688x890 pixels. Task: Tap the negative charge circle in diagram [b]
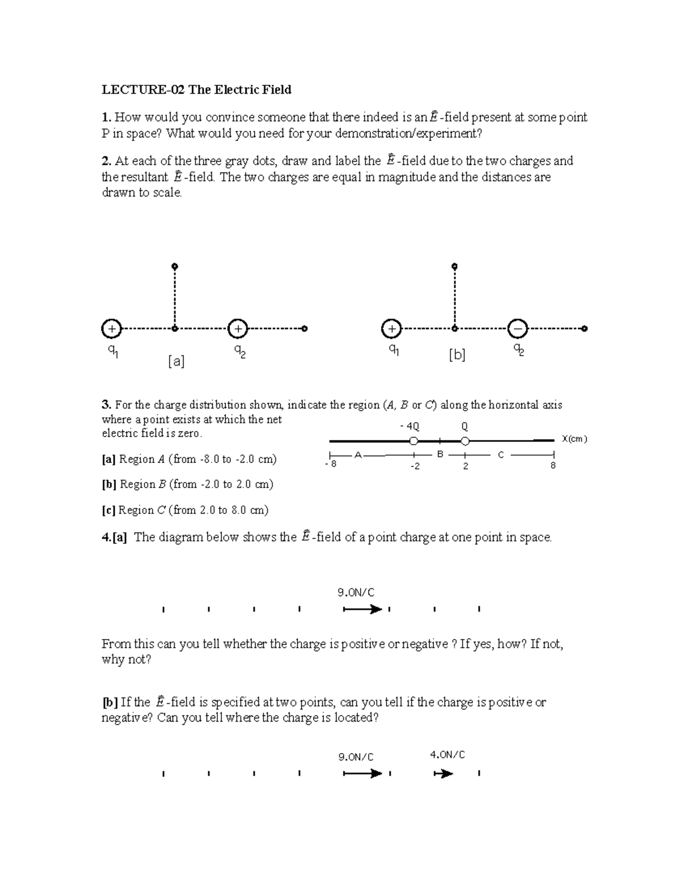[x=518, y=329]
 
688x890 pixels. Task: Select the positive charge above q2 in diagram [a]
[x=237, y=329]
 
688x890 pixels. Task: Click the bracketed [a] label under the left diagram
[x=176, y=361]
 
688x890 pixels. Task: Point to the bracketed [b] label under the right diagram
[x=457, y=355]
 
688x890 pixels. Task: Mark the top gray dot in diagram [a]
[x=175, y=266]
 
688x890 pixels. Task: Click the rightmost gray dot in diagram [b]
[x=584, y=329]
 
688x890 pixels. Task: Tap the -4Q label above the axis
[x=409, y=426]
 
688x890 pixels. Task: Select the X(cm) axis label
[x=574, y=439]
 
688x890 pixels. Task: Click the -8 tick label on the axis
[x=330, y=465]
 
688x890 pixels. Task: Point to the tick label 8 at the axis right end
[x=553, y=466]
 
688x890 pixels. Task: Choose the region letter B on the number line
[x=440, y=454]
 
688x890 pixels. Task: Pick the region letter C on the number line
[x=501, y=454]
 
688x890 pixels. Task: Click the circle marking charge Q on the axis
[x=465, y=441]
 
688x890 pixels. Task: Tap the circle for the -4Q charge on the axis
[x=413, y=441]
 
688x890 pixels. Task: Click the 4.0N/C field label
[x=447, y=755]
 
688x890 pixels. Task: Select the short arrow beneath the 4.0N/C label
[x=444, y=774]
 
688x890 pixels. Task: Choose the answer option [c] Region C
[x=185, y=510]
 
